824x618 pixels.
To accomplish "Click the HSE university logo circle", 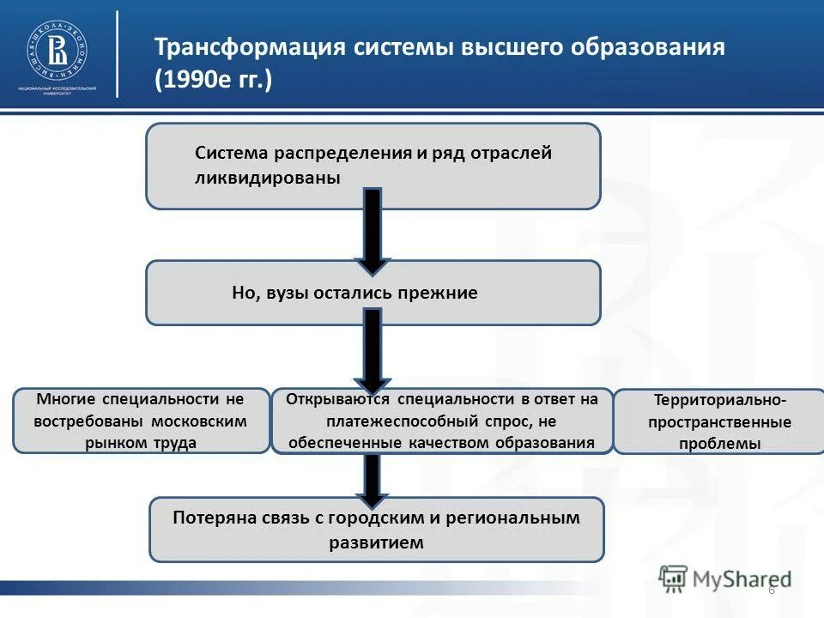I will [57, 49].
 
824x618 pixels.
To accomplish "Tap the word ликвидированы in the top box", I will [267, 178].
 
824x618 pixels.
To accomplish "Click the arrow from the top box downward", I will [372, 230].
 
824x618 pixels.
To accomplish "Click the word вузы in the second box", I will [289, 293].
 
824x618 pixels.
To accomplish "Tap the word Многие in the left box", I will [67, 399].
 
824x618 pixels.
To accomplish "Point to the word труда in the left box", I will [176, 443].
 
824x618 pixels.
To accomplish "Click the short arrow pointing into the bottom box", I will [372, 479].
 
